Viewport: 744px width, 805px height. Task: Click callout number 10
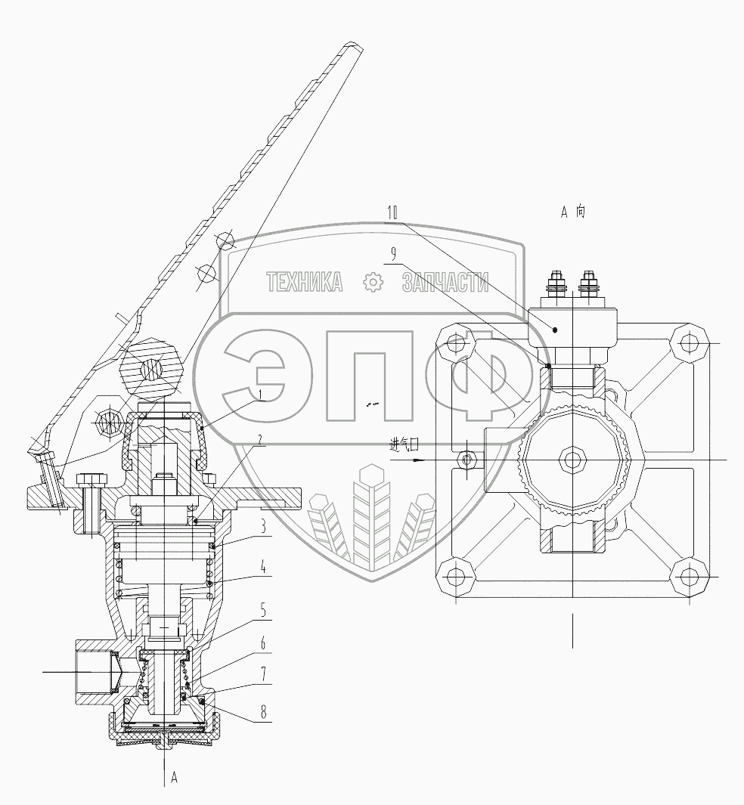pyautogui.click(x=392, y=214)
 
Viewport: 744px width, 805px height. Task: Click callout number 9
pyautogui.click(x=394, y=254)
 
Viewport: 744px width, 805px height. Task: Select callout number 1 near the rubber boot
pyautogui.click(x=260, y=395)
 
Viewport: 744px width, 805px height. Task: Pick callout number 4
pyautogui.click(x=263, y=568)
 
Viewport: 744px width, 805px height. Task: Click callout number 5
pyautogui.click(x=263, y=611)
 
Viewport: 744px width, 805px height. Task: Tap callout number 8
pyautogui.click(x=263, y=711)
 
